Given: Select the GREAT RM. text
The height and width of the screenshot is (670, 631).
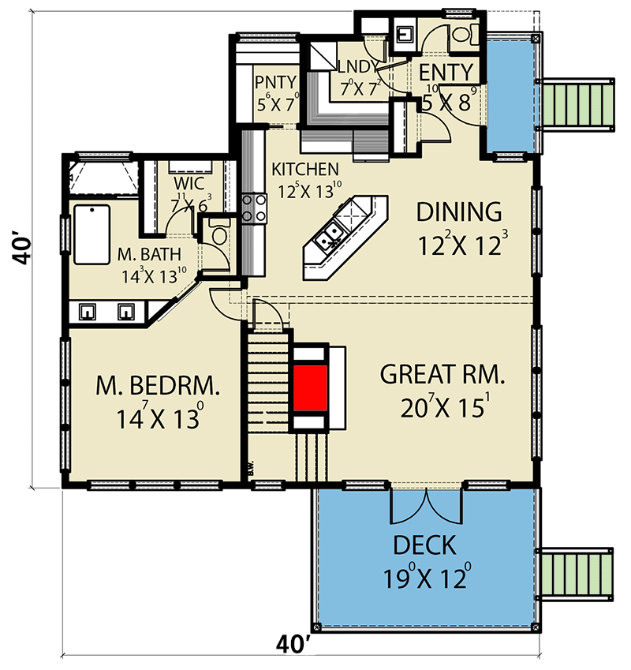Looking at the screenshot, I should (x=442, y=374).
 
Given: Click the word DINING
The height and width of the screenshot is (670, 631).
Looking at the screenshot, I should (x=459, y=212).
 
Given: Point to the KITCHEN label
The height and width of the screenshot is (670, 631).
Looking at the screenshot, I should (x=305, y=170).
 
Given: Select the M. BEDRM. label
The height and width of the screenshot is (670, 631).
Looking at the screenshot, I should (x=158, y=386).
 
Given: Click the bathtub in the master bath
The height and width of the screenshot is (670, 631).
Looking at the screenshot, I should (x=91, y=234).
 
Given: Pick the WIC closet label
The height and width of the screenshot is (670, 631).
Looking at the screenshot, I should (x=189, y=183).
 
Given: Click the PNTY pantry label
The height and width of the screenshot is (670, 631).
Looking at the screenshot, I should (x=275, y=81).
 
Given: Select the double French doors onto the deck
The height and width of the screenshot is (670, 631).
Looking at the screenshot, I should (x=427, y=505).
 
